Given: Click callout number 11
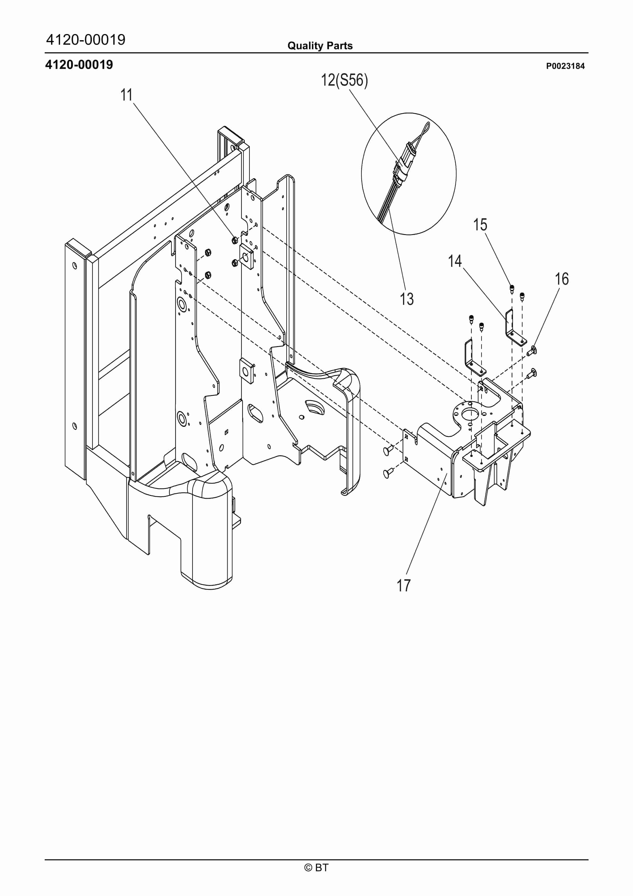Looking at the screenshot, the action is coord(126,95).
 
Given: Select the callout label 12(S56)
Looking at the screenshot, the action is coord(344,80).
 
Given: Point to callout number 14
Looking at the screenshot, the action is coord(455,261).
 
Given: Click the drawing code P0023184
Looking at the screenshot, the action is coord(565,66).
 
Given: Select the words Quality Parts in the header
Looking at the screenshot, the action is coord(320,46).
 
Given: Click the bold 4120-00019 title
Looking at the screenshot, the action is coord(79,64).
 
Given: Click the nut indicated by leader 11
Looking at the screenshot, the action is coord(235,240).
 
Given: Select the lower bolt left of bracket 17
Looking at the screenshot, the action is coord(388,473).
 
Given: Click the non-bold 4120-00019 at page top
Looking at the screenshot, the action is coord(86,39).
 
